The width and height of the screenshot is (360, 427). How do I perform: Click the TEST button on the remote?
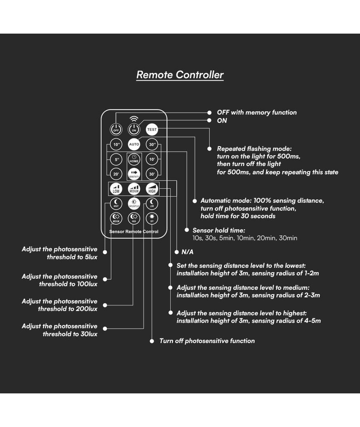[x=152, y=129]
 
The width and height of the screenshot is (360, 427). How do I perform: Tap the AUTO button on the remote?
[x=134, y=144]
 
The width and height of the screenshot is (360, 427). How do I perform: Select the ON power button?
[x=134, y=129]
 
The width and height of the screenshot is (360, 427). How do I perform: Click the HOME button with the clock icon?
[x=134, y=159]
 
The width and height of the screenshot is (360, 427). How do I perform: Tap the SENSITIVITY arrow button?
[x=134, y=174]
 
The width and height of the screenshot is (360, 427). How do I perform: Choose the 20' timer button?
[x=116, y=174]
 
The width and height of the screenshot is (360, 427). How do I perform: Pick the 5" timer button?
[x=116, y=160]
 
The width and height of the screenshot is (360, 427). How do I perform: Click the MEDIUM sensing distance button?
[x=134, y=189]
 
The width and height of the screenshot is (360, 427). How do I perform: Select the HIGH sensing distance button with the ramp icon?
[x=152, y=189]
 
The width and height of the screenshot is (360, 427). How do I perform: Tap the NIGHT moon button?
[x=116, y=204]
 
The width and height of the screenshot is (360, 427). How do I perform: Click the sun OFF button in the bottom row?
[x=152, y=218]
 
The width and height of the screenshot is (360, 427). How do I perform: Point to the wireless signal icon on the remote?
[x=134, y=119]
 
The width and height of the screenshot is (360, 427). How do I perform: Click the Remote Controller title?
[x=180, y=75]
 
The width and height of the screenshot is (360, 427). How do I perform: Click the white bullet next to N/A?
[x=176, y=252]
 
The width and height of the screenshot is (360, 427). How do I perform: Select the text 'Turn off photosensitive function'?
[x=207, y=341]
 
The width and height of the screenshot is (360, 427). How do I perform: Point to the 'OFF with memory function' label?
[x=256, y=113]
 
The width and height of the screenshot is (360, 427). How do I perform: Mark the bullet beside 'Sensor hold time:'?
[x=187, y=230]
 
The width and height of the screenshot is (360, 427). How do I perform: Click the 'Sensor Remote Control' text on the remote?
[x=134, y=232]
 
